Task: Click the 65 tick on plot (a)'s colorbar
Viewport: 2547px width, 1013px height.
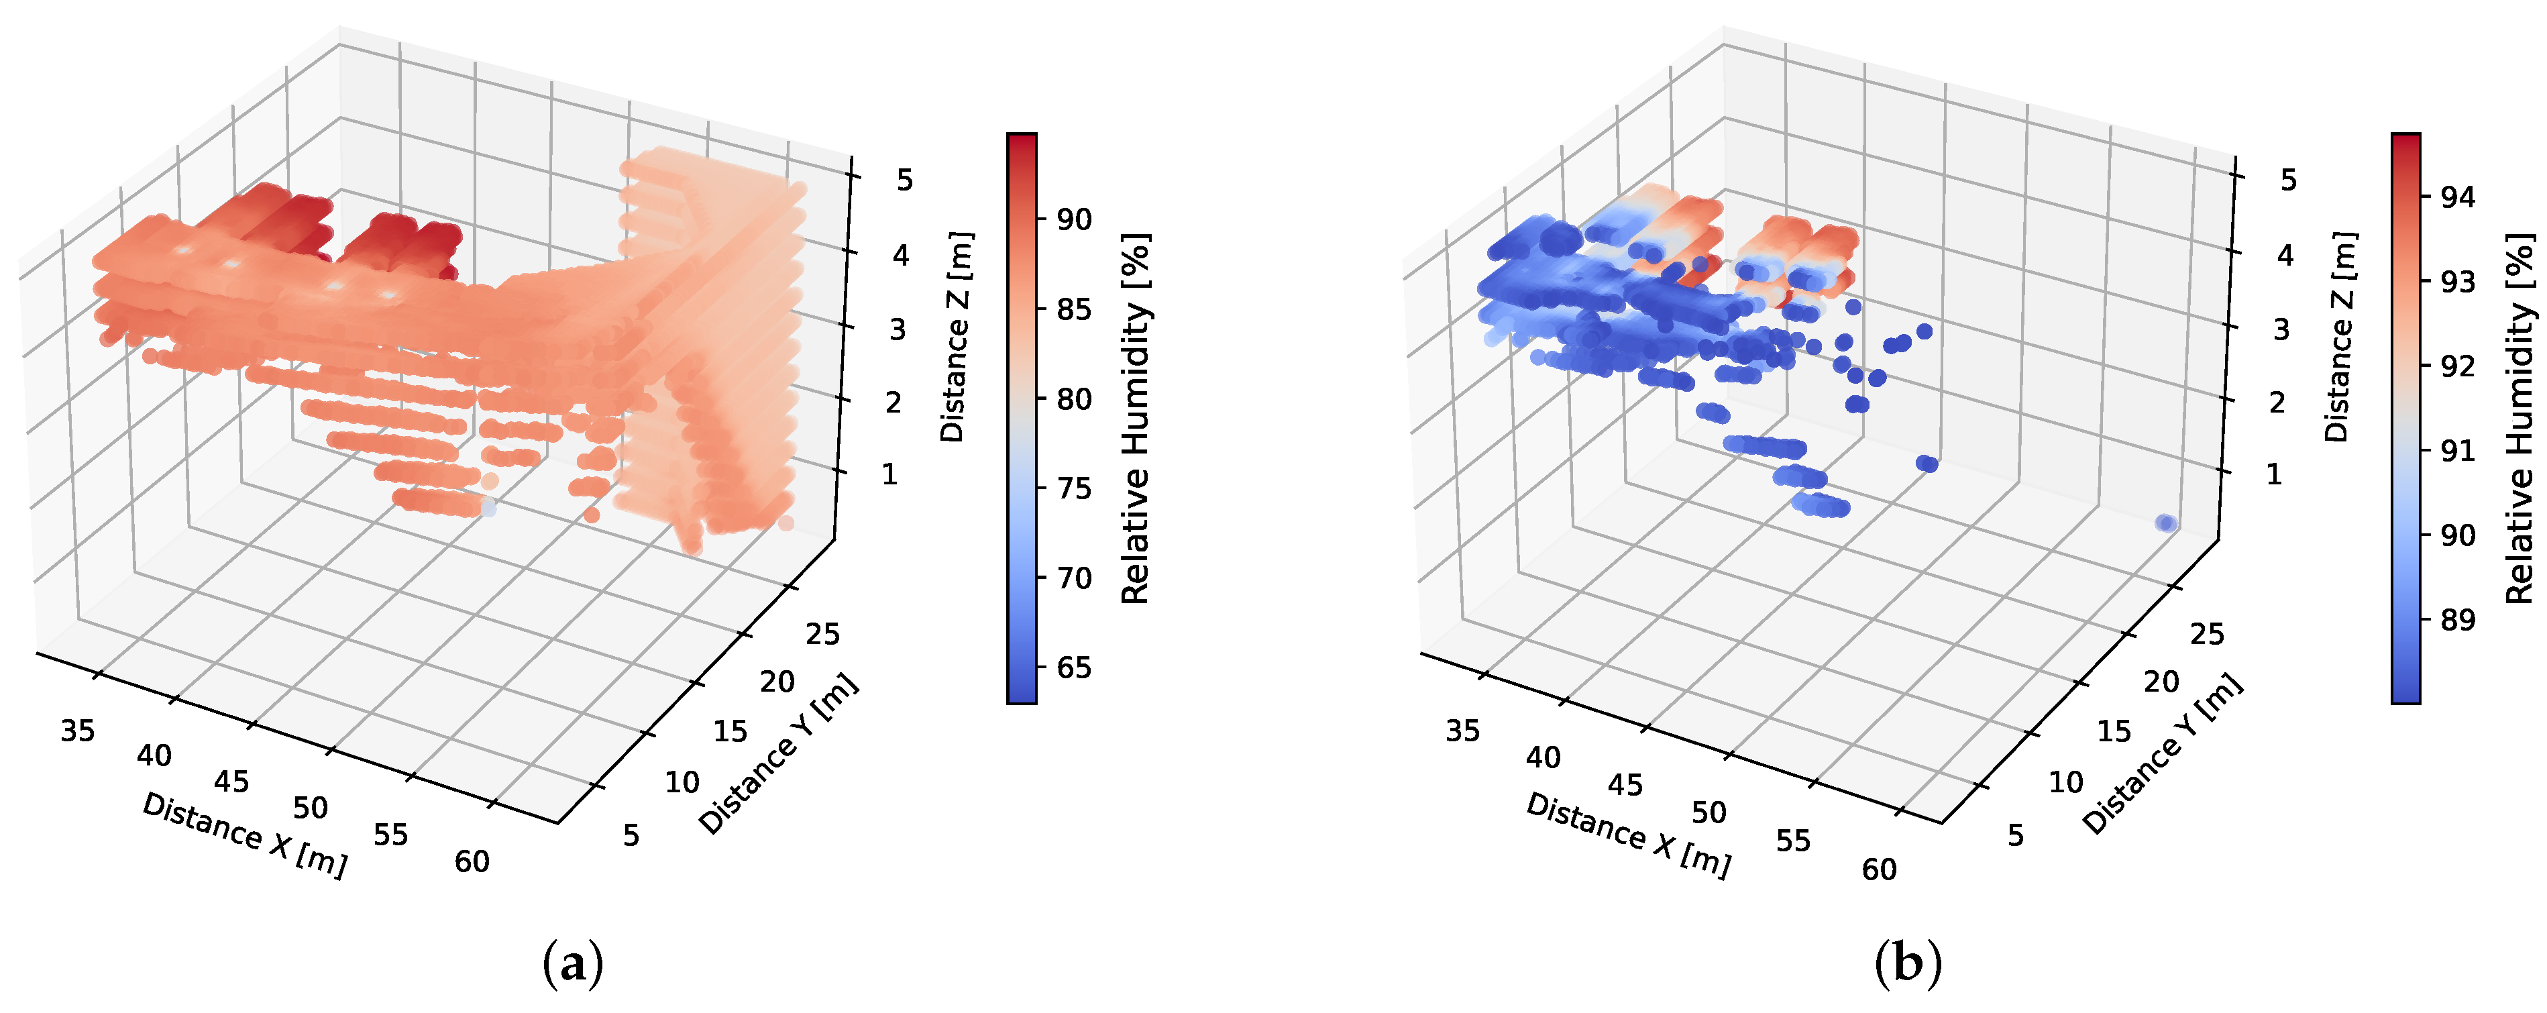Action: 1073,667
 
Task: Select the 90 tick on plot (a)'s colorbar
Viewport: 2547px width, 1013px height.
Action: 1073,219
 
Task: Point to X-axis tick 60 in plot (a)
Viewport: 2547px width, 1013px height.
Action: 472,861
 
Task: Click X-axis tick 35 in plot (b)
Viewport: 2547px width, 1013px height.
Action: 1462,731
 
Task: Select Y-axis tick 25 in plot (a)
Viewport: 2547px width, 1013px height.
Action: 822,633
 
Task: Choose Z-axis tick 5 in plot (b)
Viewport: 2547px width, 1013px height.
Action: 2288,180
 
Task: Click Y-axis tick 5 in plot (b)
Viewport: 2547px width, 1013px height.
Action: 2015,836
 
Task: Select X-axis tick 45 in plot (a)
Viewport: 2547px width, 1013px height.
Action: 231,782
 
